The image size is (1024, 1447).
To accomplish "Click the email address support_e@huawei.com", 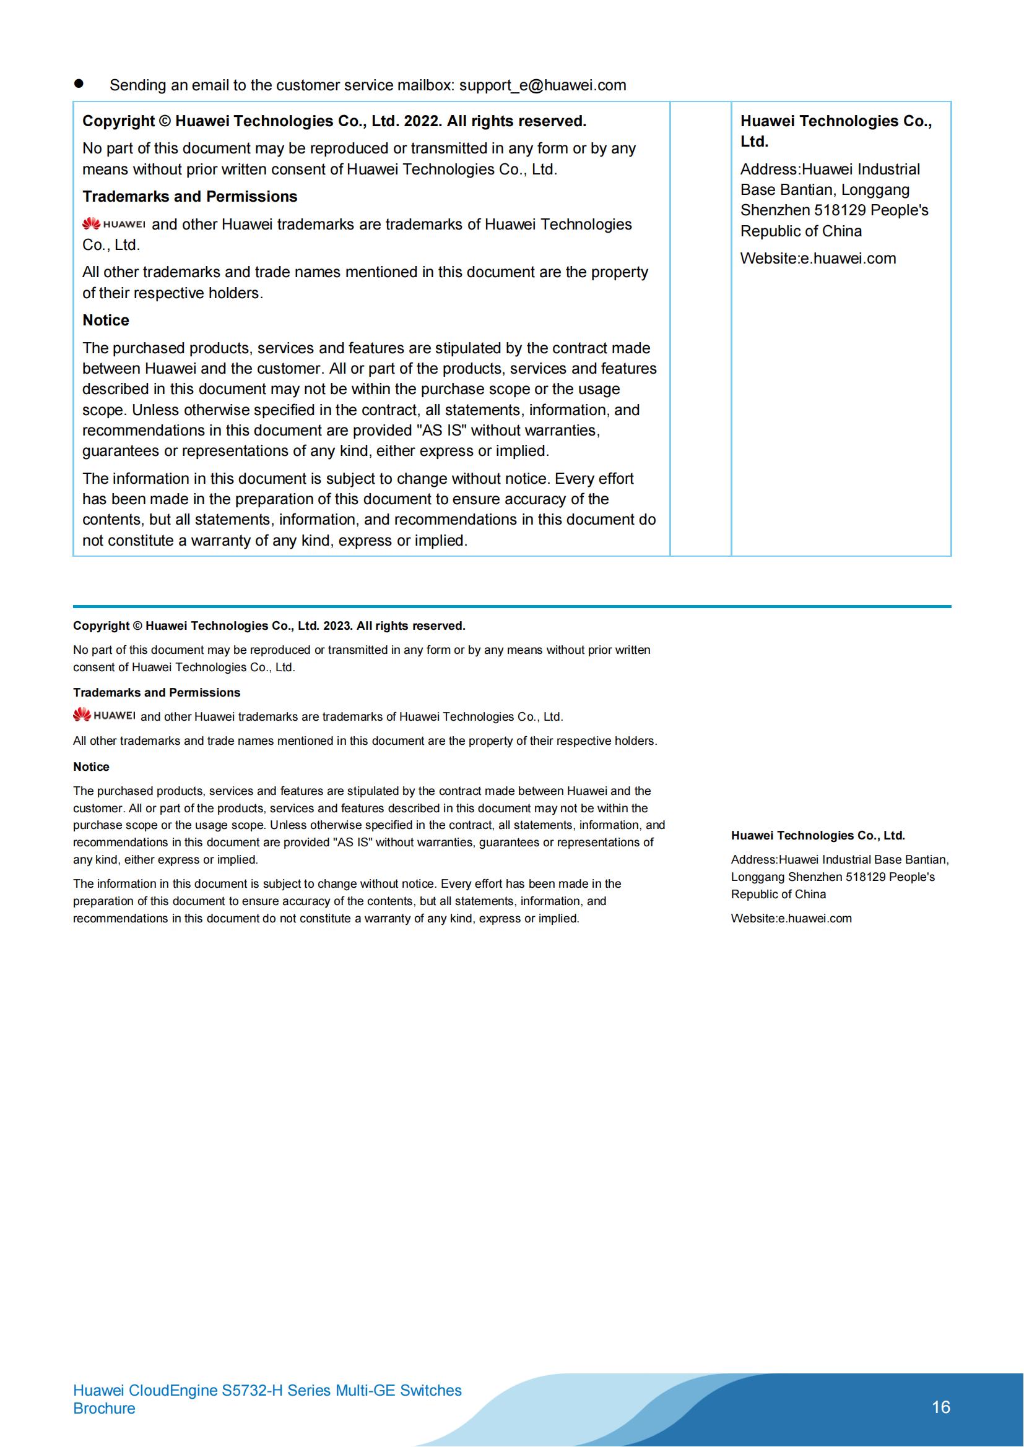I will click(x=542, y=86).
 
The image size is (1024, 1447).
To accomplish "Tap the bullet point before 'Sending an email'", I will click(x=79, y=84).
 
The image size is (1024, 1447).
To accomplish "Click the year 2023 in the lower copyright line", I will click(x=337, y=626).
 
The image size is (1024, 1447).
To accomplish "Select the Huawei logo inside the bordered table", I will click(x=114, y=224).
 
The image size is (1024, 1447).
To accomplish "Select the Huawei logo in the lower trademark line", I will click(x=104, y=715).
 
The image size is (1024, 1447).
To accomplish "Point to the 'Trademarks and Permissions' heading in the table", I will click(x=190, y=197).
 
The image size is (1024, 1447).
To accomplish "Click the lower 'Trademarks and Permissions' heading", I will click(x=157, y=693).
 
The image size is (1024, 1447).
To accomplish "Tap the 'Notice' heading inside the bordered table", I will click(x=106, y=321).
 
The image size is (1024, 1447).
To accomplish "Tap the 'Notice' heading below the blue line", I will click(x=92, y=767).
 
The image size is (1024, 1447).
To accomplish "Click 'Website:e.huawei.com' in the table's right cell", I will click(x=818, y=259).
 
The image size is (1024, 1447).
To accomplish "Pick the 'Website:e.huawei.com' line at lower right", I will click(x=791, y=919).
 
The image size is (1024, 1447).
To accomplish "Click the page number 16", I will click(x=940, y=1407).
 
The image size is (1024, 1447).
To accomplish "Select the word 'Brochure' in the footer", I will click(x=104, y=1409).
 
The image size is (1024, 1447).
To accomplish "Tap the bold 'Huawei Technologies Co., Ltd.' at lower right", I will click(x=818, y=836).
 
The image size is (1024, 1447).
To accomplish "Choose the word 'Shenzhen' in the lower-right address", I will click(x=814, y=877).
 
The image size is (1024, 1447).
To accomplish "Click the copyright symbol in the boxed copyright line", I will click(x=165, y=121).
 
